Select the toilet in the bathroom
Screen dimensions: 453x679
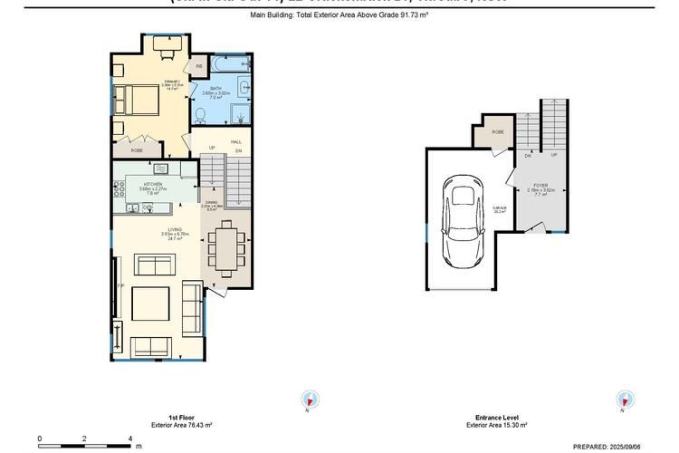202,115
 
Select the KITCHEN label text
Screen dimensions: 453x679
152,185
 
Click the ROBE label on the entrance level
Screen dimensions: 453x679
497,132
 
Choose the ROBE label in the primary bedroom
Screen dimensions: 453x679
137,150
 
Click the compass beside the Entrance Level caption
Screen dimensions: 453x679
624,400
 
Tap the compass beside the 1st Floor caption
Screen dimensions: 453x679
310,400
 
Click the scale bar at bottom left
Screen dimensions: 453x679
85,442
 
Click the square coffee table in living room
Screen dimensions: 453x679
149,302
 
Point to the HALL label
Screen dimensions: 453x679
236,142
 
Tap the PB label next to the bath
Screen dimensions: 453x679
199,67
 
